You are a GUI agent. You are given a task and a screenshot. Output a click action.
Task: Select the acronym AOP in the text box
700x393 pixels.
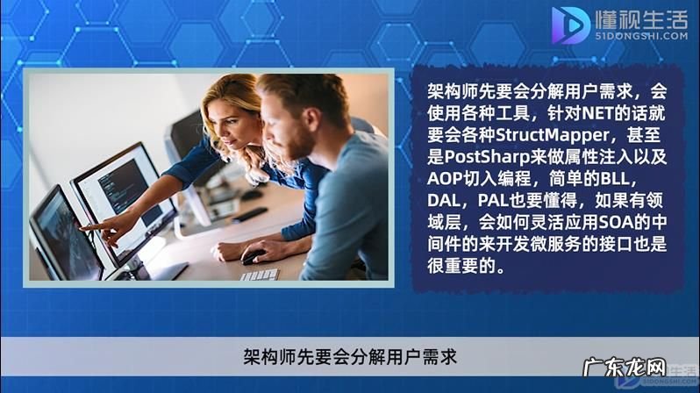tap(446, 179)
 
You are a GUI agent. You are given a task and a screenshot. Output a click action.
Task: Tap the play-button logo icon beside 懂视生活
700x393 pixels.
tap(570, 25)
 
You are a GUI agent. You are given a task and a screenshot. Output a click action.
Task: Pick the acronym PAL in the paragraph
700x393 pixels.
tap(510, 201)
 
